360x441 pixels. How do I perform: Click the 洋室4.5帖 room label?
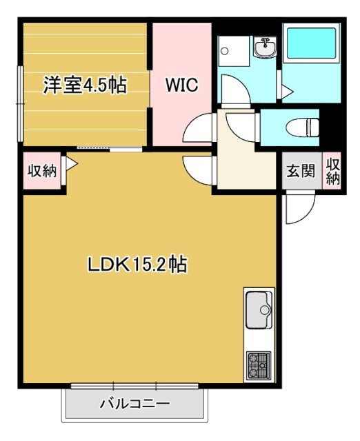[x=84, y=85]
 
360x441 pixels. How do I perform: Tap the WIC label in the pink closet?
[x=181, y=85]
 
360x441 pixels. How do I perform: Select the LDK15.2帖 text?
[x=138, y=264]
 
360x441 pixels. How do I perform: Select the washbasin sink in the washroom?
[x=264, y=48]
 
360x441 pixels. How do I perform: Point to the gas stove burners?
[x=259, y=366]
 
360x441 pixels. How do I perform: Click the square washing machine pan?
[x=233, y=50]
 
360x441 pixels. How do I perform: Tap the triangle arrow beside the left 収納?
[x=71, y=163]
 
